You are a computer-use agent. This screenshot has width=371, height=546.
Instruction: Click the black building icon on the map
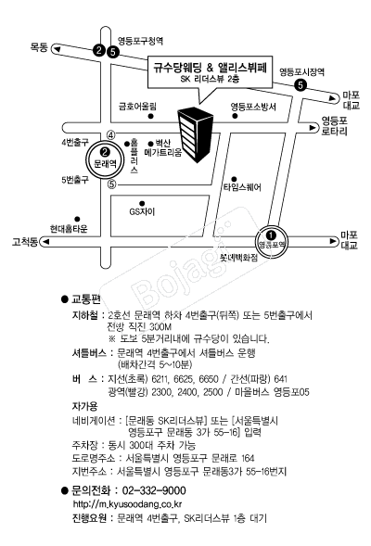[195, 134]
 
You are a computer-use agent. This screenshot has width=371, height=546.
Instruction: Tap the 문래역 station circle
[105, 159]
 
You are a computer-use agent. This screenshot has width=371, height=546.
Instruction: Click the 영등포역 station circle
[272, 240]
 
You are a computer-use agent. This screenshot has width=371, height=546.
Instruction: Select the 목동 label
[39, 47]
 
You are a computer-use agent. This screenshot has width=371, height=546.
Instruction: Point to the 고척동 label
[25, 241]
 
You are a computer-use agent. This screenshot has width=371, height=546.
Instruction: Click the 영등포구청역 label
[140, 41]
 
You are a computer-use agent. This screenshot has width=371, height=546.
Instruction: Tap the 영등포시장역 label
[301, 71]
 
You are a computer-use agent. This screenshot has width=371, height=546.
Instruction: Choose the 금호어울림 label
[137, 106]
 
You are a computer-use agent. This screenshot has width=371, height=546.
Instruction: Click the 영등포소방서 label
[253, 107]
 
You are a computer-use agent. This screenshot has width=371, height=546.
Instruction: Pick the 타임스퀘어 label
[242, 187]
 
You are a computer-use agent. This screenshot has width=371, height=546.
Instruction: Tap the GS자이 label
[142, 211]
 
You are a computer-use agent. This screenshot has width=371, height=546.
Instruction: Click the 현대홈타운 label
[69, 228]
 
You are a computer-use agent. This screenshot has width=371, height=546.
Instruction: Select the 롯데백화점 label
[238, 258]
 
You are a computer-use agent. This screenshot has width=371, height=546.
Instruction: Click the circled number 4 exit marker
[110, 135]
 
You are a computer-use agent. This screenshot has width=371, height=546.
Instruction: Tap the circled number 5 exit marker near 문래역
[111, 184]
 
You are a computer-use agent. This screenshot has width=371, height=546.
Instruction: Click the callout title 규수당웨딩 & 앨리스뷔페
[210, 67]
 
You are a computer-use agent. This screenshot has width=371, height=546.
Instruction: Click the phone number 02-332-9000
[154, 490]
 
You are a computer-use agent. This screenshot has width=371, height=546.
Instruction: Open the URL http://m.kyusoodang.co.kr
[127, 504]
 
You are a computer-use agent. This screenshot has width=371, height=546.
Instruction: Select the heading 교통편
[86, 299]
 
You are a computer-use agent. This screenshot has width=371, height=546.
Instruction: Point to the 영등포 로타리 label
[335, 126]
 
